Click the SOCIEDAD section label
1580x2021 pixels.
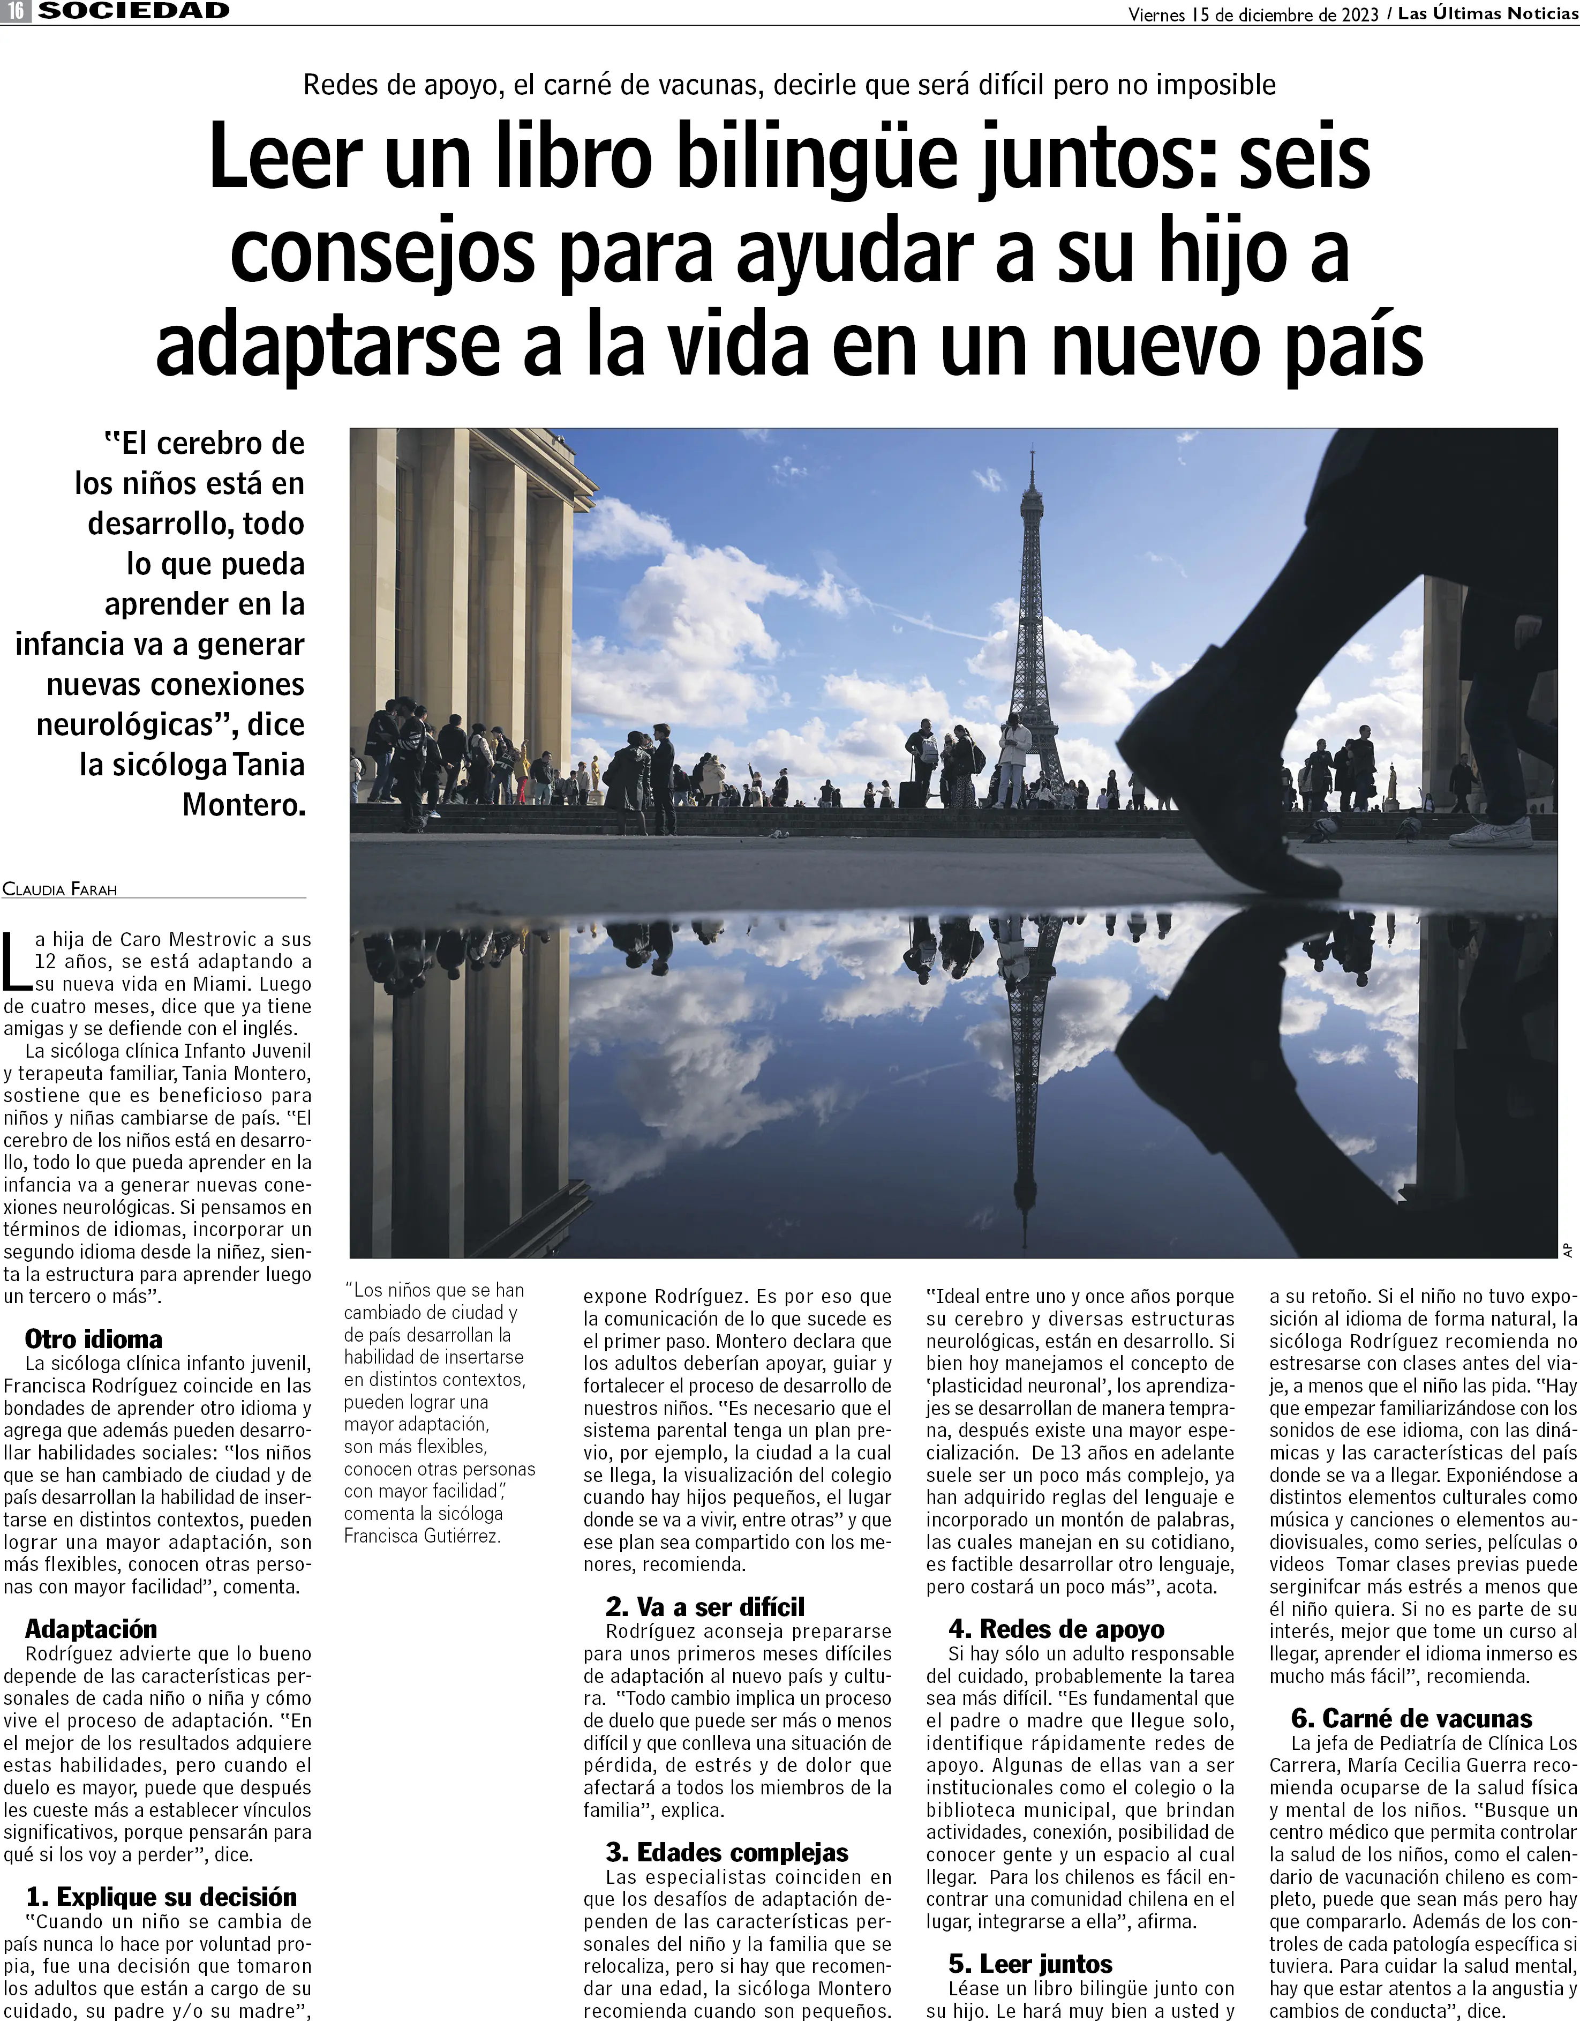(134, 11)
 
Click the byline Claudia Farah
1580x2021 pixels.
(60, 889)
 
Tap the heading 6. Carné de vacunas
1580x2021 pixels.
(1412, 1718)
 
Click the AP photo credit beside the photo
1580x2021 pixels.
(1569, 1249)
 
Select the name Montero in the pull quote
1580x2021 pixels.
(243, 804)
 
